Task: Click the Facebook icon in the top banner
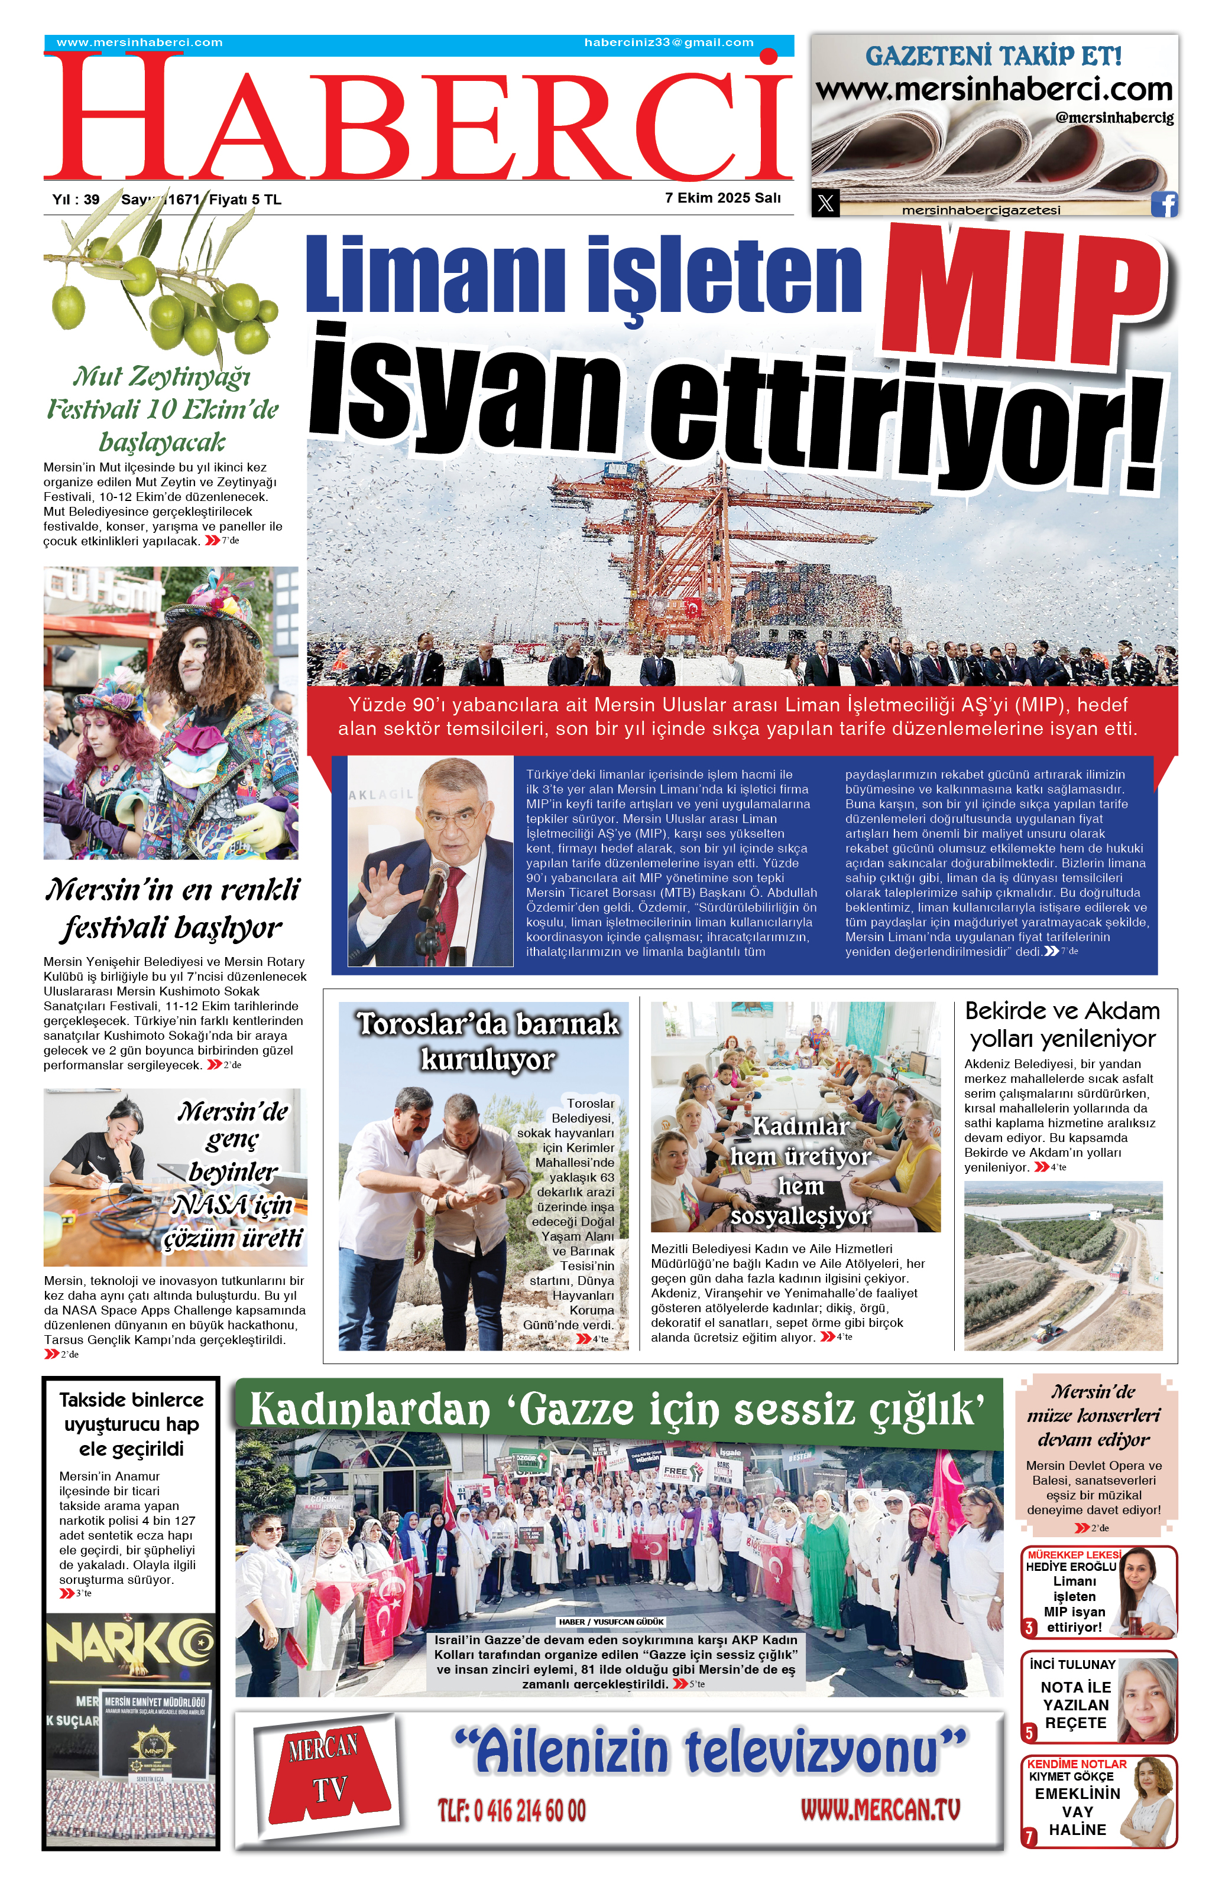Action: tap(1163, 203)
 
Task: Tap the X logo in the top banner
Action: tap(825, 203)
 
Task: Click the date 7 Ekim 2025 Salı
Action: tap(722, 198)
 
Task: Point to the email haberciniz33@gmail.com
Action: tap(669, 43)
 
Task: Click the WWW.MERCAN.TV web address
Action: tap(879, 1809)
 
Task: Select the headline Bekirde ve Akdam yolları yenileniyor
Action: tap(1062, 1024)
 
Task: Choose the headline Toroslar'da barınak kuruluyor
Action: tap(487, 1041)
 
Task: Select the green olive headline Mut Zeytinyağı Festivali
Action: tap(163, 408)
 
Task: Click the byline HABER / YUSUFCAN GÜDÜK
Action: tap(611, 1622)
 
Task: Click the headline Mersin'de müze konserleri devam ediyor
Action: tap(1093, 1416)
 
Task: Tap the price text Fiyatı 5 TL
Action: tap(245, 200)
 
